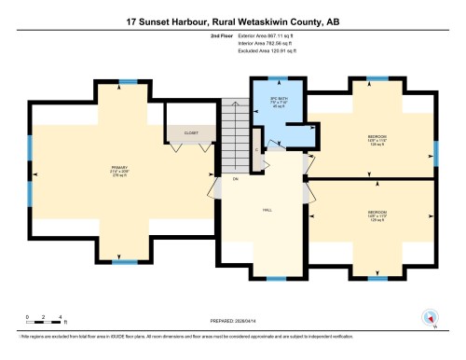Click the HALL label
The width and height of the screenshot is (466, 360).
266,211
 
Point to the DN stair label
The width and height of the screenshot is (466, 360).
236,178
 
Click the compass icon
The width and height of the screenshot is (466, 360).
430,316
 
